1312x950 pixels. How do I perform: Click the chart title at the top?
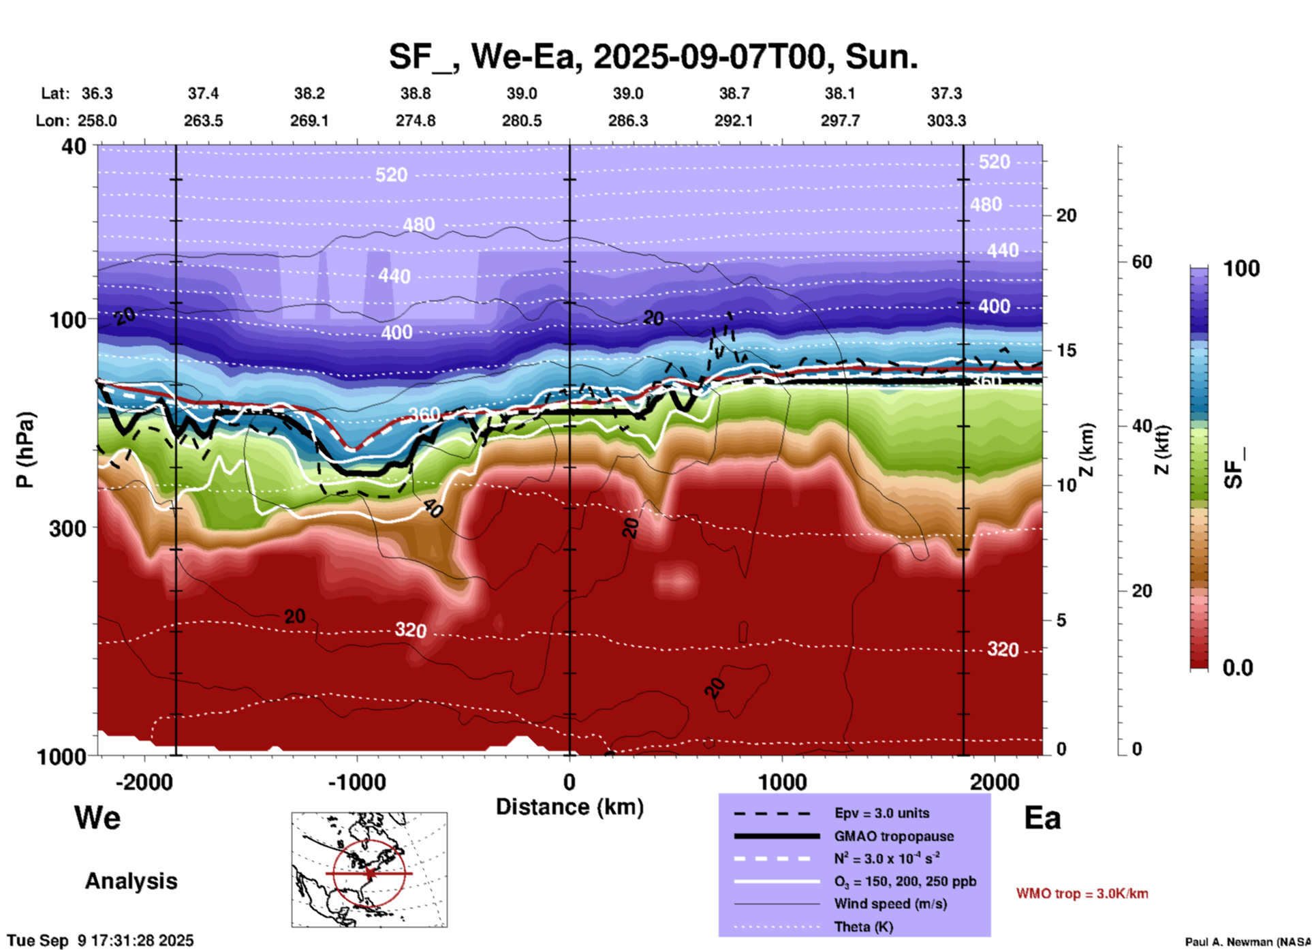[653, 57]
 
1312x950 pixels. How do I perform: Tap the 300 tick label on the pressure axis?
[67, 527]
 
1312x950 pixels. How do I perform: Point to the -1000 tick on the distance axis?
[357, 782]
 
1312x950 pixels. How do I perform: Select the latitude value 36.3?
[97, 93]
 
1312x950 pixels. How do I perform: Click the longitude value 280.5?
[522, 121]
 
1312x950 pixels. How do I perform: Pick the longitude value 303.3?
[946, 121]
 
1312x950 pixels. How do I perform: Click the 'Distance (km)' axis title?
[569, 807]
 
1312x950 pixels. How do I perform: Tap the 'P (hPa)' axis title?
[25, 450]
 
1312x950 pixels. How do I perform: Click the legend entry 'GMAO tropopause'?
[894, 836]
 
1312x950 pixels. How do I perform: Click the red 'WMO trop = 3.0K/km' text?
[1082, 893]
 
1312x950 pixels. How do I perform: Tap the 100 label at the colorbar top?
[1241, 269]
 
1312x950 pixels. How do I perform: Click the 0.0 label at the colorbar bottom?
[1238, 668]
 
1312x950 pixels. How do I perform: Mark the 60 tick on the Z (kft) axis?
[1142, 262]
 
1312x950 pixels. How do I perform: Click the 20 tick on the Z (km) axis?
[1066, 215]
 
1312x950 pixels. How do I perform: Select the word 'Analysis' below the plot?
[131, 881]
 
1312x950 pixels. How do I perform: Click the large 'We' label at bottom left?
[97, 818]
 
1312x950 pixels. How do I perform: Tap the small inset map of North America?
[369, 870]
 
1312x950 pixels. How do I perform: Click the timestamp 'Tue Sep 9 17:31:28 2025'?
[101, 940]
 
